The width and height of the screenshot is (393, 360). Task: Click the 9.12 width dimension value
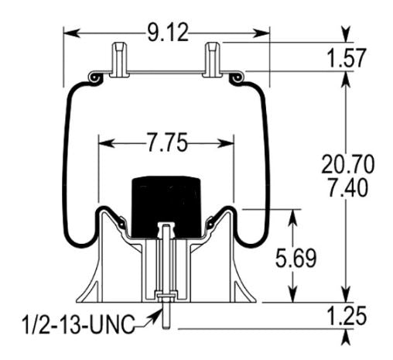pos(166,33)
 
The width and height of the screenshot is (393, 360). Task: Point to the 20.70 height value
pos(348,164)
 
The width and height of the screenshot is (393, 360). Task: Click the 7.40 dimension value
pos(348,186)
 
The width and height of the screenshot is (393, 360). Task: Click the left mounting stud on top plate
pos(118,59)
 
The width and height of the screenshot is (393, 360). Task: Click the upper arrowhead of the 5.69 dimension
pos(292,214)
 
